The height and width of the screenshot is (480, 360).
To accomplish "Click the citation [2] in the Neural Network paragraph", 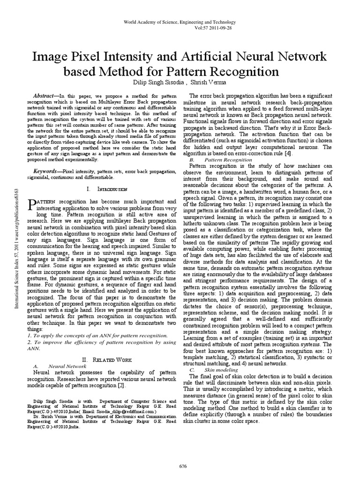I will [x=123, y=385].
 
